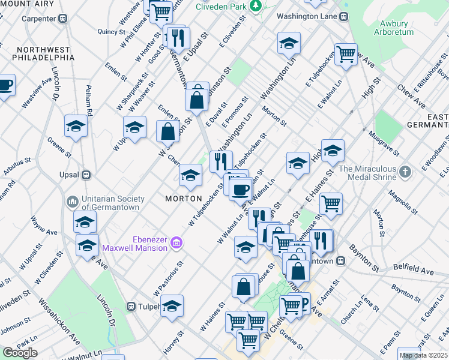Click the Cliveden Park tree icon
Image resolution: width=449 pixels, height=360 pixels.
(256, 6)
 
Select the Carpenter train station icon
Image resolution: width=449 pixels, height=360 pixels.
(64, 19)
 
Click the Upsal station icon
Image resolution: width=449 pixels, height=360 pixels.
(86, 175)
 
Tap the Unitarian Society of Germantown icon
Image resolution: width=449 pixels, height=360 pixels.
(73, 201)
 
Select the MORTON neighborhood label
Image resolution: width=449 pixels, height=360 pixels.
(184, 198)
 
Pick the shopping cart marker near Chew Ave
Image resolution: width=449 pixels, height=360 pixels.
(346, 54)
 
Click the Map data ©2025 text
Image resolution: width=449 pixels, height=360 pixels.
(423, 355)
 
